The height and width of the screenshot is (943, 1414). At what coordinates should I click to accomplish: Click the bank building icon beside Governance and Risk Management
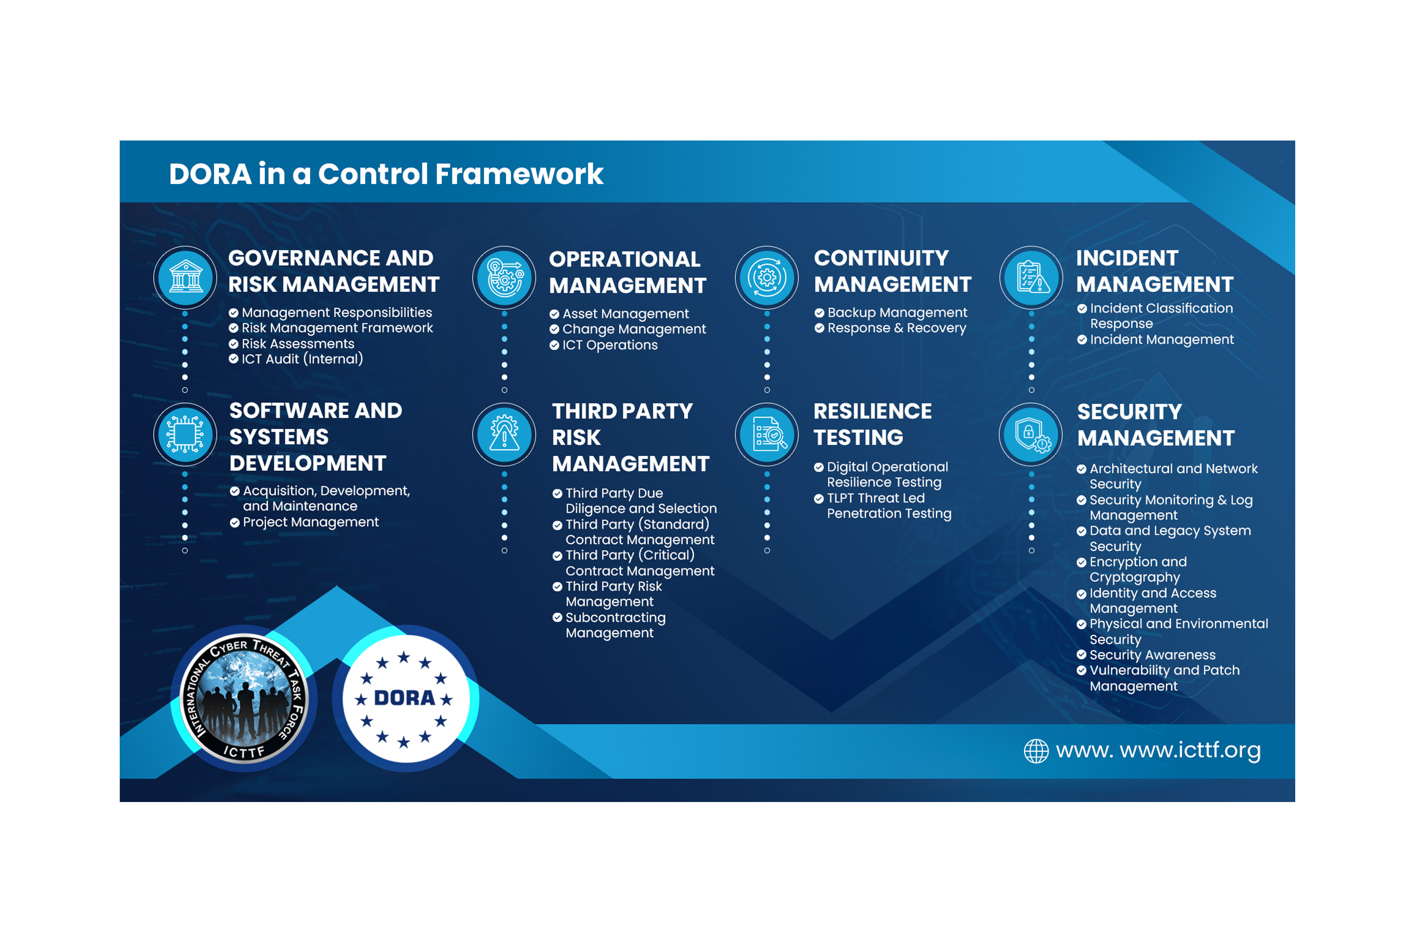[x=186, y=277]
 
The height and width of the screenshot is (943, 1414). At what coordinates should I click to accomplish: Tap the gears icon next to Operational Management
[x=505, y=278]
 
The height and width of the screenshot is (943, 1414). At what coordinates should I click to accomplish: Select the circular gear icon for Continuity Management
[x=767, y=278]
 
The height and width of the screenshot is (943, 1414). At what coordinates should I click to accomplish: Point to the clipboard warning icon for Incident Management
[x=1032, y=277]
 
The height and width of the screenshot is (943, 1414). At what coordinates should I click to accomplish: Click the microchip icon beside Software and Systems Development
[x=185, y=434]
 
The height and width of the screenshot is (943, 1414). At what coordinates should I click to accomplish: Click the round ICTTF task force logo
[x=245, y=698]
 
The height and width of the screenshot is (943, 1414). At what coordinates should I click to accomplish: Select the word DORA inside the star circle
[x=404, y=698]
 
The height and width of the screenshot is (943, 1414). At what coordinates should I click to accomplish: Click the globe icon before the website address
[x=1036, y=751]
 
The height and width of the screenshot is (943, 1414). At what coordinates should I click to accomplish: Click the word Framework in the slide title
[x=519, y=174]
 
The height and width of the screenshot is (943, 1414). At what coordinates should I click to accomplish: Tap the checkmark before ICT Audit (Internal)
[x=234, y=359]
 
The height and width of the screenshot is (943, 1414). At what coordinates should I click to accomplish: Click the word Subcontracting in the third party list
[x=616, y=618]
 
